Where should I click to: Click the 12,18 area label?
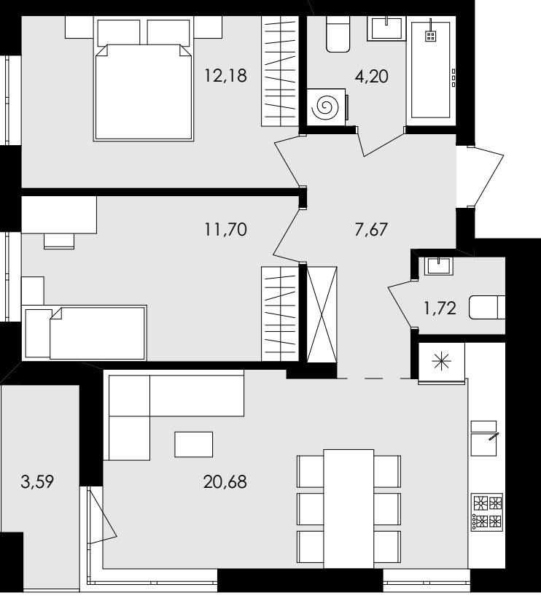tap(226, 75)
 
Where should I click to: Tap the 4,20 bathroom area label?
tap(371, 77)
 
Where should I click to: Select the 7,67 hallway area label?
tap(371, 230)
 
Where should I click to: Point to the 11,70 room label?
tap(226, 229)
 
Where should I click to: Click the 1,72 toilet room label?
tap(440, 308)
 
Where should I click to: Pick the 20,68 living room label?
tap(225, 481)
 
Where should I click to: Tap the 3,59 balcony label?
tap(37, 481)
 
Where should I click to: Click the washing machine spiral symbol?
tap(325, 107)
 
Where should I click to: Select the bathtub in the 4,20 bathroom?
tap(431, 71)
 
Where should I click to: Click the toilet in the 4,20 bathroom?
tap(338, 34)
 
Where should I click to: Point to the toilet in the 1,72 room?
tap(487, 307)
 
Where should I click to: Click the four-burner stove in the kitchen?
tap(487, 512)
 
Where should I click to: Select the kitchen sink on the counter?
tap(484, 438)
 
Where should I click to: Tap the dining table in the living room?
tap(349, 508)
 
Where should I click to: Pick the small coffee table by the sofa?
tap(194, 444)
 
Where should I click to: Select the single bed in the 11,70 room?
tap(85, 333)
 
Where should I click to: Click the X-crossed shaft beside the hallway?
tap(322, 314)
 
